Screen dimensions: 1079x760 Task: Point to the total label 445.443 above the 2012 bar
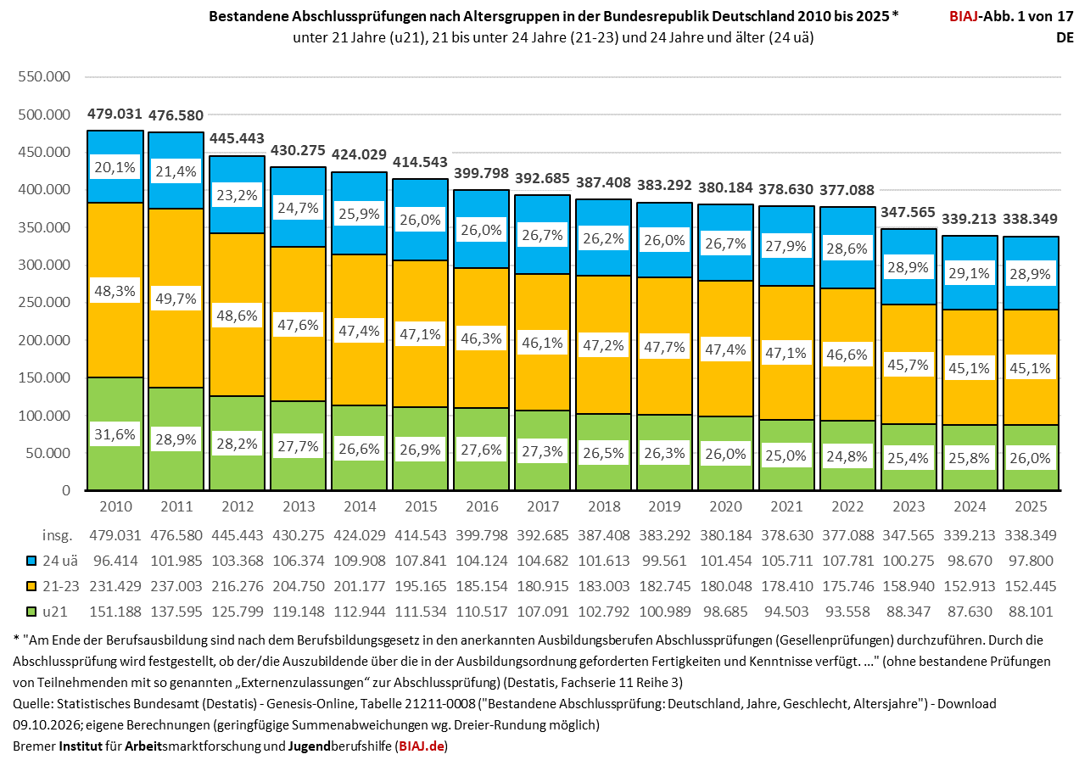click(237, 138)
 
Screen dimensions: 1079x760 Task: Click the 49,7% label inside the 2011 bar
click(176, 299)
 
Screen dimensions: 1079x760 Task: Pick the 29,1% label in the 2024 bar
click(970, 274)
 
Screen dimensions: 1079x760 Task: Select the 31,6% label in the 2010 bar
click(115, 434)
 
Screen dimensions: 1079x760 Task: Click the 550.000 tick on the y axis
click(44, 76)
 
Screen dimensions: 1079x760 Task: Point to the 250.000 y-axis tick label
click(44, 303)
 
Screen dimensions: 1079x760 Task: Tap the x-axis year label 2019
click(665, 506)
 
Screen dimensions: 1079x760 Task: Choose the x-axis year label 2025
click(1031, 506)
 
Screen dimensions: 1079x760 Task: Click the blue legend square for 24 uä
click(31, 561)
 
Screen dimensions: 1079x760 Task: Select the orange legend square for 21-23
click(31, 587)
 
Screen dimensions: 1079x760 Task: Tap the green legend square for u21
click(31, 612)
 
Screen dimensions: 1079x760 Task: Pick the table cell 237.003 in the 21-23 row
click(176, 586)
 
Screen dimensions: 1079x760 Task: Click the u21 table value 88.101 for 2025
click(1031, 612)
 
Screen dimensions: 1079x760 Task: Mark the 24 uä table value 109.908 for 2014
click(360, 561)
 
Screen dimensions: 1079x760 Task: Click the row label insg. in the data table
click(58, 535)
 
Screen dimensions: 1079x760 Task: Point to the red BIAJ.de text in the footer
click(422, 746)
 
